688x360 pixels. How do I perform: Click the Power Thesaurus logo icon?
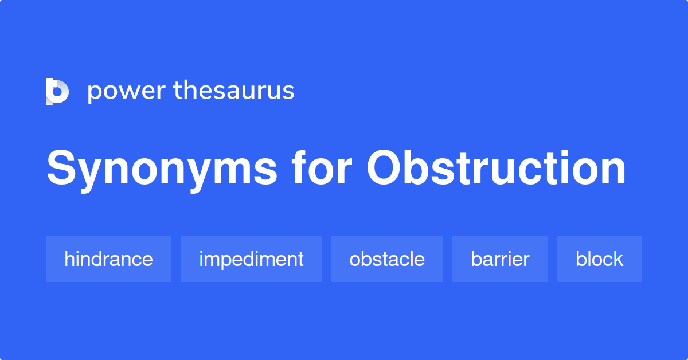pyautogui.click(x=57, y=91)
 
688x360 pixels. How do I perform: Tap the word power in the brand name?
pyautogui.click(x=126, y=91)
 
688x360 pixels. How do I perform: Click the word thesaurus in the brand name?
pyautogui.click(x=234, y=91)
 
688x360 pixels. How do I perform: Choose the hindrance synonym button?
pyautogui.click(x=108, y=259)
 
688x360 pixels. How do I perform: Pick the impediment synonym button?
pyautogui.click(x=251, y=259)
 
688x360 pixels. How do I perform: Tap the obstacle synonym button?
pyautogui.click(x=387, y=259)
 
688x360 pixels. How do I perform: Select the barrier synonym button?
pyautogui.click(x=500, y=259)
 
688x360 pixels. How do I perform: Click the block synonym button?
pyautogui.click(x=599, y=259)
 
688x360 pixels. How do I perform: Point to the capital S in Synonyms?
pyautogui.click(x=62, y=169)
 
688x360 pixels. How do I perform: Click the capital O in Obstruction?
pyautogui.click(x=388, y=169)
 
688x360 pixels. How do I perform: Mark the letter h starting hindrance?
pyautogui.click(x=69, y=259)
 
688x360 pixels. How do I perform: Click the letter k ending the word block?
pyautogui.click(x=619, y=259)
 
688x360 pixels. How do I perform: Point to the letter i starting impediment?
pyautogui.click(x=201, y=259)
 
